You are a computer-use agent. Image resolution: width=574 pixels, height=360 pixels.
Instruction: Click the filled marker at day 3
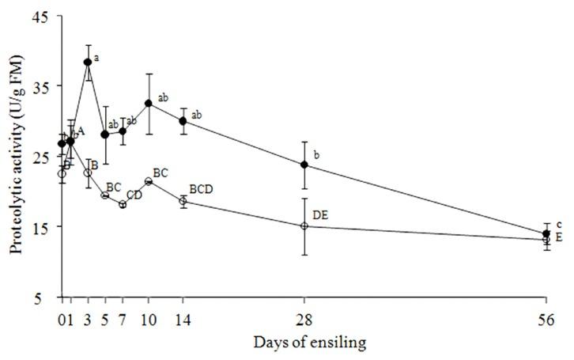click(x=88, y=62)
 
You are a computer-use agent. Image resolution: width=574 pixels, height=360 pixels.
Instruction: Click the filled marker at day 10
click(x=149, y=103)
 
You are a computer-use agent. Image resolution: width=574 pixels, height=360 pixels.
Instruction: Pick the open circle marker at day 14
click(x=183, y=201)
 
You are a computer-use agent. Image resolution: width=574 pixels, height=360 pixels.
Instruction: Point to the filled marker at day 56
click(x=546, y=233)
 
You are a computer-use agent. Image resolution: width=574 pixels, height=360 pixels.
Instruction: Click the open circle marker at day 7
click(x=123, y=204)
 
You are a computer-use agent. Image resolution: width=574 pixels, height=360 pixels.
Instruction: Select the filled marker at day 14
click(x=183, y=121)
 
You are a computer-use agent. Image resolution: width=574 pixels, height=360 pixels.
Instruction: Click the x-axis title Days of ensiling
click(x=299, y=343)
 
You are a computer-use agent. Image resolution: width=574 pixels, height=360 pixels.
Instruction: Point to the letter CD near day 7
click(x=134, y=195)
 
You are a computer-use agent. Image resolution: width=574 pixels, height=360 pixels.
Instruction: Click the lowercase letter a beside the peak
click(x=96, y=58)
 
